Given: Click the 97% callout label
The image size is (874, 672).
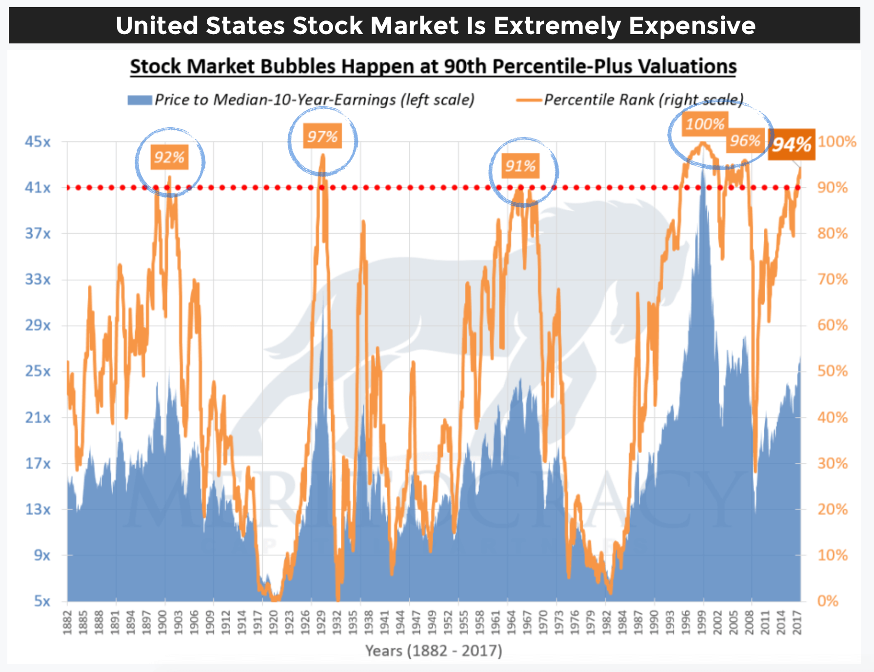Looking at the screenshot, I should click(x=322, y=137).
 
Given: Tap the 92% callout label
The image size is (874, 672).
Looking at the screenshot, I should click(x=169, y=158).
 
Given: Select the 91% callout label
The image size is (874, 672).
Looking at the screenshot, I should click(x=520, y=166).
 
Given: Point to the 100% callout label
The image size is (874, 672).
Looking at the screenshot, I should click(x=705, y=124).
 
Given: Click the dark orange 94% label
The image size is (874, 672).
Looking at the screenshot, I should click(x=792, y=144).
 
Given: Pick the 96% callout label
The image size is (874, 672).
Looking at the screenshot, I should click(x=745, y=141).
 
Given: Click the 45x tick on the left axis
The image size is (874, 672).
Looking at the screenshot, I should click(x=38, y=142).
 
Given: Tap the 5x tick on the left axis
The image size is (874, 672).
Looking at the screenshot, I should click(x=42, y=601).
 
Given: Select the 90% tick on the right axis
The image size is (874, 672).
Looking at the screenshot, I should click(x=833, y=188).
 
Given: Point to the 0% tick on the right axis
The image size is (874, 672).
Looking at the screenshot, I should click(x=828, y=601).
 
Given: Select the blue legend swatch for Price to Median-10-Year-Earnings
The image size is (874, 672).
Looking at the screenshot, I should click(x=140, y=100).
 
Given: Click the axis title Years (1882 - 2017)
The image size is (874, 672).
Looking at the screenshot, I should click(x=434, y=651).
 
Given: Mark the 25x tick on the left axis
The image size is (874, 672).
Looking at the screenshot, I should click(x=38, y=371).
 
